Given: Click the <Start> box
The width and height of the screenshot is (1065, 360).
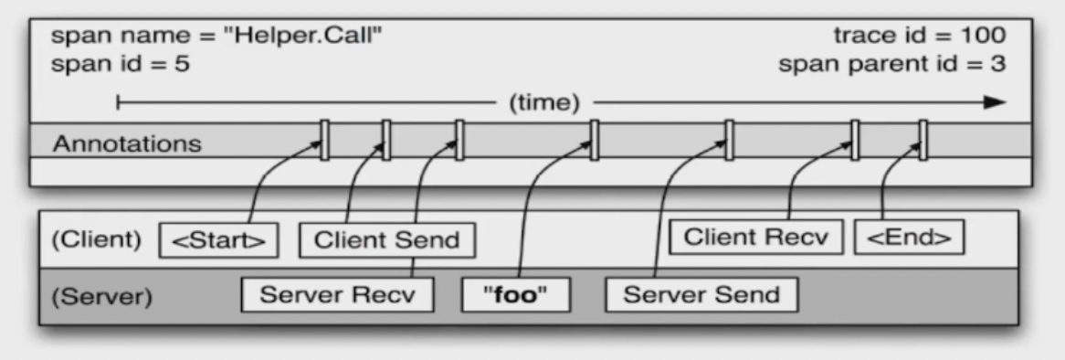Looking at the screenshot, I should (219, 240).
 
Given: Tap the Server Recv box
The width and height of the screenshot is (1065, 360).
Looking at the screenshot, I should (337, 294).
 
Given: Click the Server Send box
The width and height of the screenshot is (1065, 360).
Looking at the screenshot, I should (701, 294).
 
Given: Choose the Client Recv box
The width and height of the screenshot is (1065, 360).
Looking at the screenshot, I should (756, 238).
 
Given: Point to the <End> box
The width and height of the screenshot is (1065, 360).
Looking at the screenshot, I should (910, 238).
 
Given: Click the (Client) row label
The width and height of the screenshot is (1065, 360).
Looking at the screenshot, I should (97, 240).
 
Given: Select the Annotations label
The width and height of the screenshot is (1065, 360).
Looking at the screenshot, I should (127, 143).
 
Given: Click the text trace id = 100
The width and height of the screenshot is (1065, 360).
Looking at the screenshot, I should (919, 37).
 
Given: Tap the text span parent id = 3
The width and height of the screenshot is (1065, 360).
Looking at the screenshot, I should (892, 66).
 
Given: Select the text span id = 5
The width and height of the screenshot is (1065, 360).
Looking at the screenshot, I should (121, 66).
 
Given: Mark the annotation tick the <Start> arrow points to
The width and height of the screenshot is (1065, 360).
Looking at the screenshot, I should (324, 140).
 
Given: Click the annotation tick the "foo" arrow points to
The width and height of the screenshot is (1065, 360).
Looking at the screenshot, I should (594, 140).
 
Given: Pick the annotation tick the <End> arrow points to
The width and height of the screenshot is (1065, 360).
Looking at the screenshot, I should (923, 140).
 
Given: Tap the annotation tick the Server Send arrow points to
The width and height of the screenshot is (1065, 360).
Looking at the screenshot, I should (729, 140).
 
